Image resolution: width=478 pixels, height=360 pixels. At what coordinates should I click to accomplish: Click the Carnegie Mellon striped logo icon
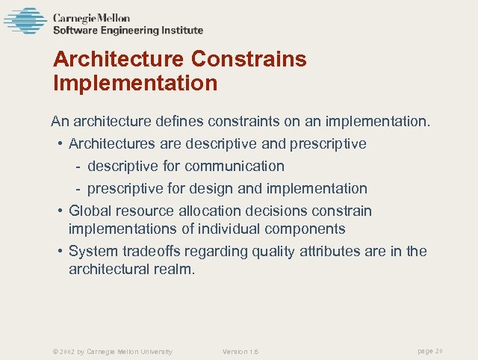click(x=25, y=21)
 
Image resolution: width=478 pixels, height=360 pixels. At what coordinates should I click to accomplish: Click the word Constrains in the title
click(x=249, y=59)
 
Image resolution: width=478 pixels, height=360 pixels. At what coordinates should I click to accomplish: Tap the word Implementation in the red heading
click(x=135, y=82)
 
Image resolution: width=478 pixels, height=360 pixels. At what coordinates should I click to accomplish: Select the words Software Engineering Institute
click(x=128, y=31)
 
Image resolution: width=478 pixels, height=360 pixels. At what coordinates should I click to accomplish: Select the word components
click(x=302, y=229)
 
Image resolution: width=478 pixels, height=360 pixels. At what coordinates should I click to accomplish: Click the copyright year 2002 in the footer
click(x=65, y=351)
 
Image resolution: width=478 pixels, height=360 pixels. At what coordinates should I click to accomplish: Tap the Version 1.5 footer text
click(x=240, y=351)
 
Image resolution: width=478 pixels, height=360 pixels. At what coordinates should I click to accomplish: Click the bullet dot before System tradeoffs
click(x=59, y=252)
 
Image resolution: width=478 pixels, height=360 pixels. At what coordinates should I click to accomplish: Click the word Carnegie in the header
click(x=72, y=18)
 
